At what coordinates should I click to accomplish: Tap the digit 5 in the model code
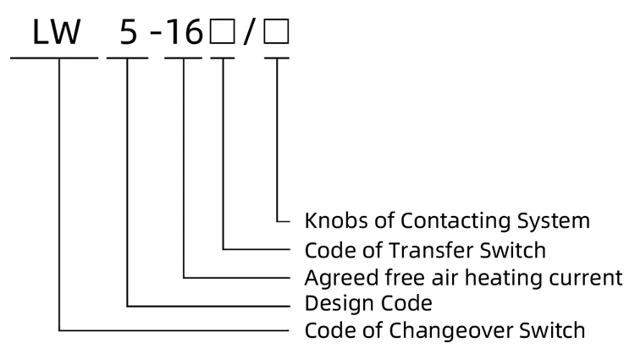click(x=127, y=32)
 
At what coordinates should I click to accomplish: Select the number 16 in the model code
click(x=184, y=32)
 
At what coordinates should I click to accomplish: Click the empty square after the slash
click(x=277, y=32)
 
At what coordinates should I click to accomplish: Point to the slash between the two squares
click(x=249, y=32)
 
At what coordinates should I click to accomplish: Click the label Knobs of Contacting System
click(x=446, y=222)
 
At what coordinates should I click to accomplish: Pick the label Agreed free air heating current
click(x=463, y=277)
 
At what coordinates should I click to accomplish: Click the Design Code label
click(x=368, y=302)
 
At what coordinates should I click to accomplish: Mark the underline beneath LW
click(x=54, y=57)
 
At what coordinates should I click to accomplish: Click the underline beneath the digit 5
click(x=127, y=57)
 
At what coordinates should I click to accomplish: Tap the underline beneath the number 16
click(x=184, y=57)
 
